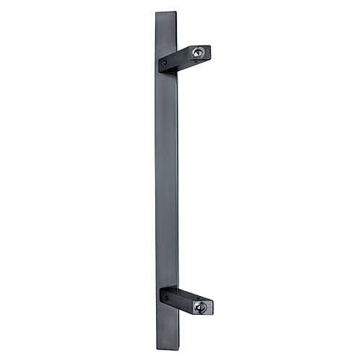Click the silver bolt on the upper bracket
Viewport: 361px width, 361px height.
197,52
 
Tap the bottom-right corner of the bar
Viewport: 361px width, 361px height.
177,346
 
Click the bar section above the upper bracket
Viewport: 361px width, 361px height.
165,32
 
